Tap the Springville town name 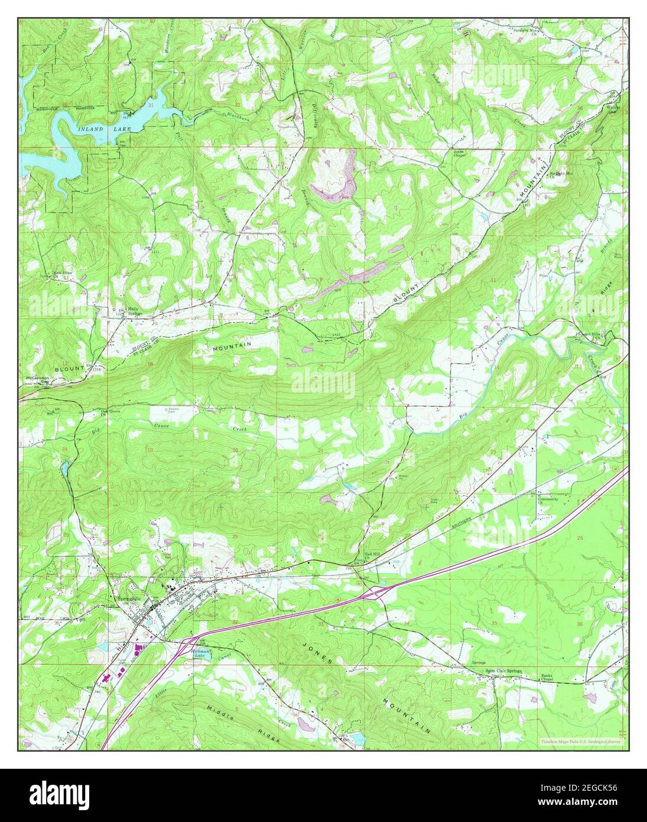click(128, 597)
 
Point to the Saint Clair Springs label click(503, 671)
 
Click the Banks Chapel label click(550, 677)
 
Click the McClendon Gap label click(36, 380)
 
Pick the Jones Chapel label click(459, 153)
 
